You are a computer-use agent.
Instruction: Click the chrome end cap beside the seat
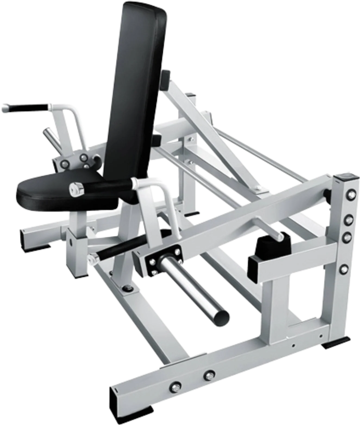coord(76,189)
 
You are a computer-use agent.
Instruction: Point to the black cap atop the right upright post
coord(343,178)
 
